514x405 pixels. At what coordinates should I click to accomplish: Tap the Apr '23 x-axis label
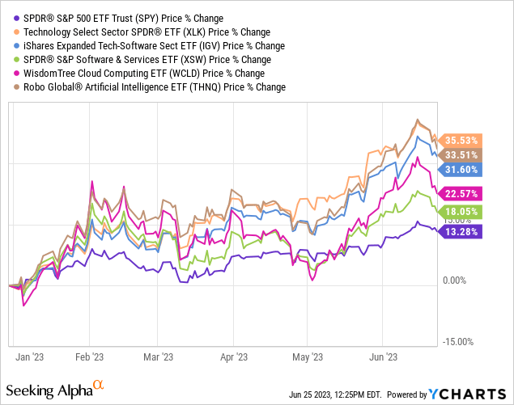(x=233, y=356)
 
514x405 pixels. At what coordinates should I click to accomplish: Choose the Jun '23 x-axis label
(x=383, y=356)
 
